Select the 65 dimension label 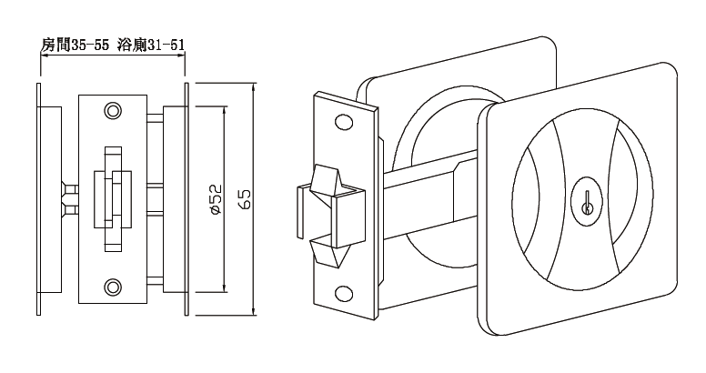click(x=245, y=199)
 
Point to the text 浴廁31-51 click(x=152, y=44)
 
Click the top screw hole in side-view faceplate click(x=113, y=110)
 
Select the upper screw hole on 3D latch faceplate click(x=344, y=123)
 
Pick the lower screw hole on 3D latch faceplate click(x=345, y=293)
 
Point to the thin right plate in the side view click(x=186, y=198)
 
